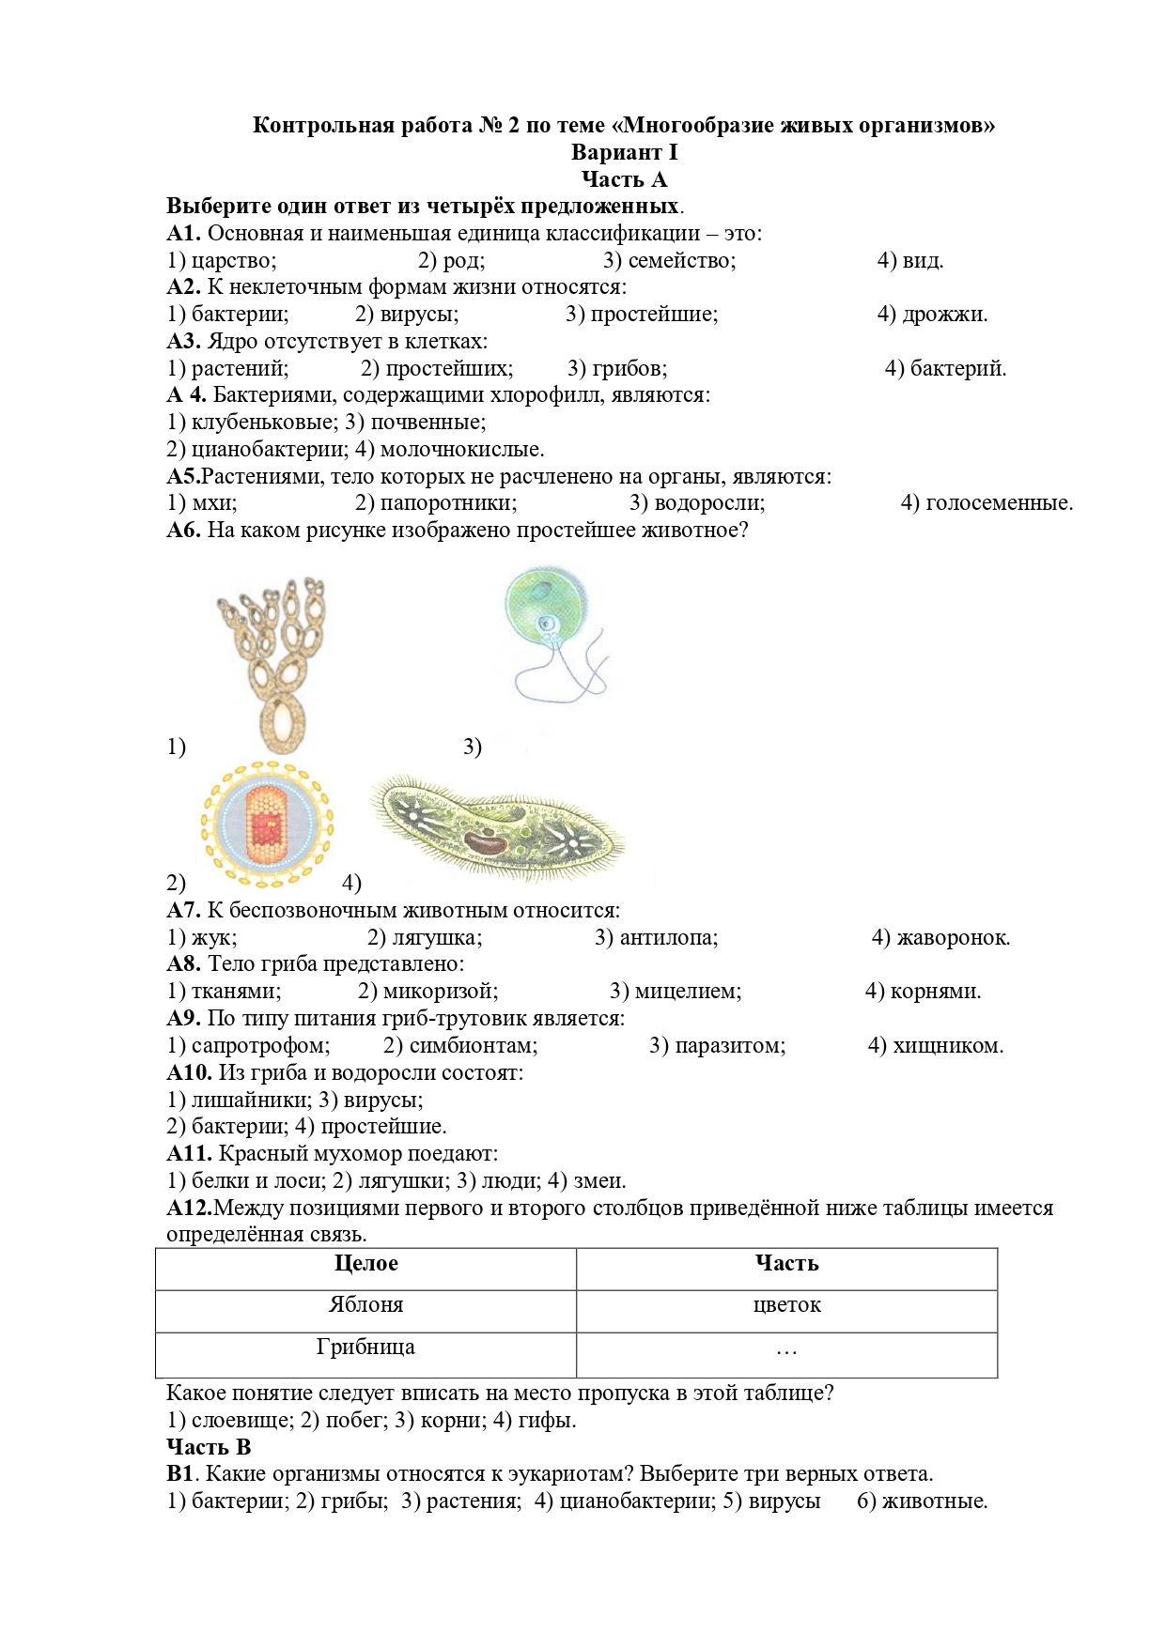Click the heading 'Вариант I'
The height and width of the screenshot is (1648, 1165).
pyautogui.click(x=624, y=152)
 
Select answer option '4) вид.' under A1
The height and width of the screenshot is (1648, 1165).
pyautogui.click(x=909, y=261)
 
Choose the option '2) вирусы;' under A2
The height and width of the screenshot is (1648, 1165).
pyautogui.click(x=407, y=315)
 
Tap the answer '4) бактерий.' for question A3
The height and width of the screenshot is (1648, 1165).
pyautogui.click(x=945, y=369)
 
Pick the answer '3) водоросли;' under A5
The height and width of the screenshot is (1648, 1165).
pyautogui.click(x=697, y=503)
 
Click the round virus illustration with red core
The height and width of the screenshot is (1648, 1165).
pyautogui.click(x=267, y=825)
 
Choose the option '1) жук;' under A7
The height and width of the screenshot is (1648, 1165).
pyautogui.click(x=202, y=937)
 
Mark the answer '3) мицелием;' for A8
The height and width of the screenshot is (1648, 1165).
pyautogui.click(x=675, y=992)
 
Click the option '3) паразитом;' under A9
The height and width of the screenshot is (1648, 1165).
pyautogui.click(x=717, y=1046)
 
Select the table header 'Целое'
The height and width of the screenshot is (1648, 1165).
pyautogui.click(x=365, y=1264)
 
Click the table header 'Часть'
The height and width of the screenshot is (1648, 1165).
pyautogui.click(x=786, y=1264)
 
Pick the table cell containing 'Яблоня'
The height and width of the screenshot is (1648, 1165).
pyautogui.click(x=365, y=1305)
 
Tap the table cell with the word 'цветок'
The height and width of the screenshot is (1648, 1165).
pyautogui.click(x=786, y=1305)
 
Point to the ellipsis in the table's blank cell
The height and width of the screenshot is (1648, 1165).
pyautogui.click(x=786, y=1350)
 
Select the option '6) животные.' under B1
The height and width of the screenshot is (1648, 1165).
pyautogui.click(x=922, y=1502)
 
